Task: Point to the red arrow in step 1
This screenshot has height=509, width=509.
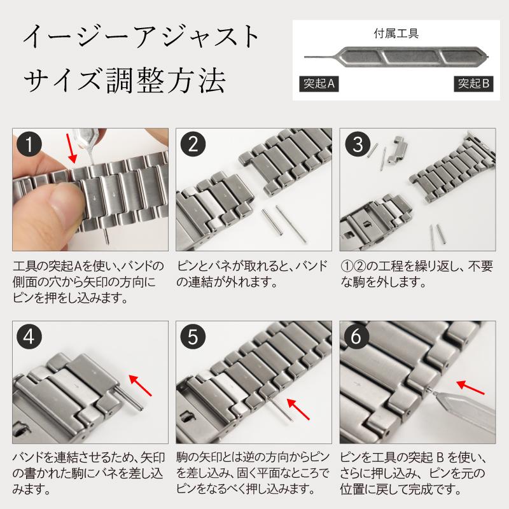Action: point(74,148)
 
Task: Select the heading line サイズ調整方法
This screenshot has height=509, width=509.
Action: point(124,81)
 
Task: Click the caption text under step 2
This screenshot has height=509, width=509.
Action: point(253,274)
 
